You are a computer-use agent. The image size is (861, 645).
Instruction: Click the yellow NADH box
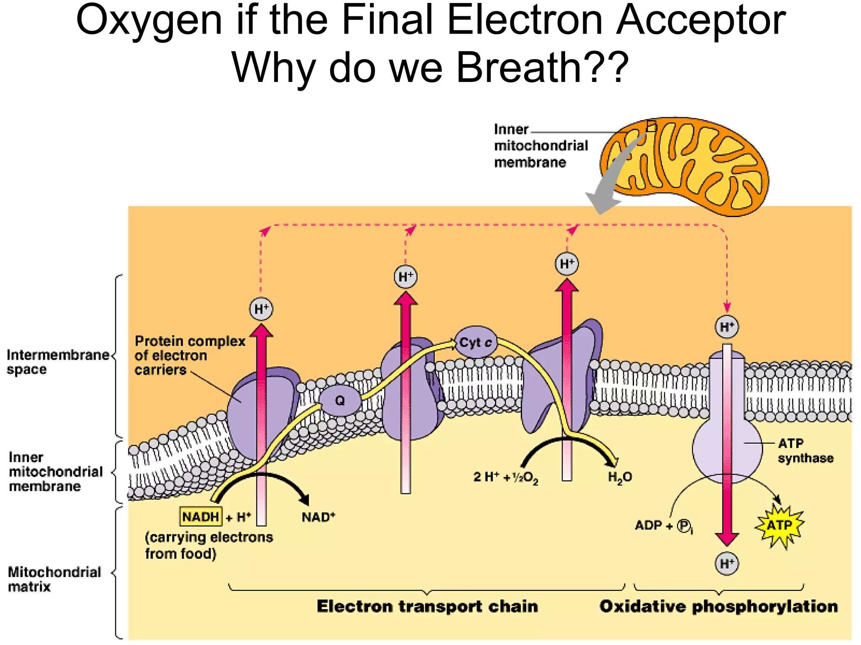[x=201, y=517]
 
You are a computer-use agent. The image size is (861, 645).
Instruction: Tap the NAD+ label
[x=318, y=517]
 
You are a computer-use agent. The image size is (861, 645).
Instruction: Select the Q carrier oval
[x=340, y=401]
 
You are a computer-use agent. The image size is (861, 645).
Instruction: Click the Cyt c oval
[x=475, y=343]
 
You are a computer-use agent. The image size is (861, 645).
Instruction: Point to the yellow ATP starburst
[x=779, y=525]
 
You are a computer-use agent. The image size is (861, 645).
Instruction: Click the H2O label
[x=620, y=477]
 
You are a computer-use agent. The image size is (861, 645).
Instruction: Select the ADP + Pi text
[x=663, y=526]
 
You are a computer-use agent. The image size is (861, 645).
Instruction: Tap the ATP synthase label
[x=805, y=451]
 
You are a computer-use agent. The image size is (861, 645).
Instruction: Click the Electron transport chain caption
[x=427, y=606]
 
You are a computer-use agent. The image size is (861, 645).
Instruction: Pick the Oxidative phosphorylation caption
[x=718, y=606]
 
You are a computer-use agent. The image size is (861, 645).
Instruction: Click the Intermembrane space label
[x=58, y=362]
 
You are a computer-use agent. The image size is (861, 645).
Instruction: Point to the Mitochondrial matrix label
[x=54, y=579]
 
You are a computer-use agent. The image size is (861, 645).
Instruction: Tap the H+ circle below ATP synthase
[x=727, y=564]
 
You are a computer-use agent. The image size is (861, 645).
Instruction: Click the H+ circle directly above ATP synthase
[x=727, y=327]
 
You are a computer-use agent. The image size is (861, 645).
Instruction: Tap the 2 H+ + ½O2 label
[x=506, y=477]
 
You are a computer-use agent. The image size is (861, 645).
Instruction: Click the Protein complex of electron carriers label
[x=190, y=355]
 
